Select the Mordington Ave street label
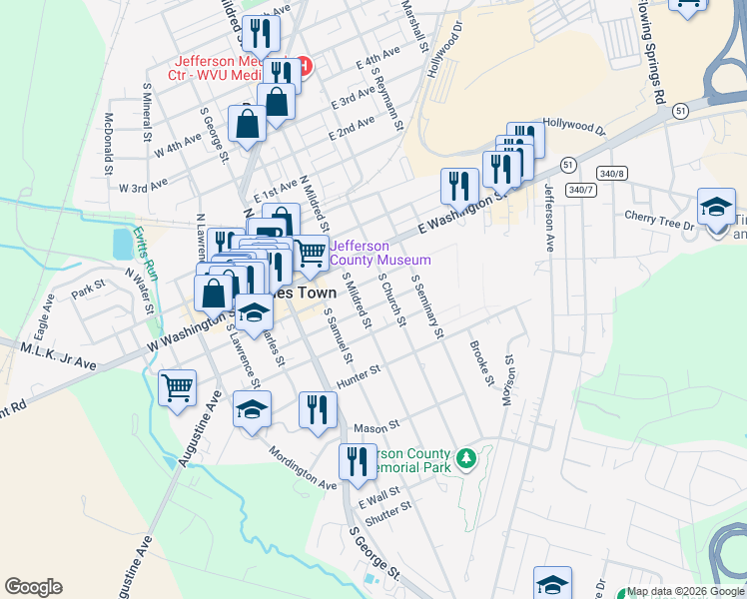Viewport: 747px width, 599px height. pos(302,467)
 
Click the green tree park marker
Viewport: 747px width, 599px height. pos(464,459)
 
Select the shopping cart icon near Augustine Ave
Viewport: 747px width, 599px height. pos(178,387)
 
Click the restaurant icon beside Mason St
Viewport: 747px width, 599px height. pos(318,409)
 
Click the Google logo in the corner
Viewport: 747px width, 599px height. pos(33,587)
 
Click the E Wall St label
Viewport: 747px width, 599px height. pos(378,495)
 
